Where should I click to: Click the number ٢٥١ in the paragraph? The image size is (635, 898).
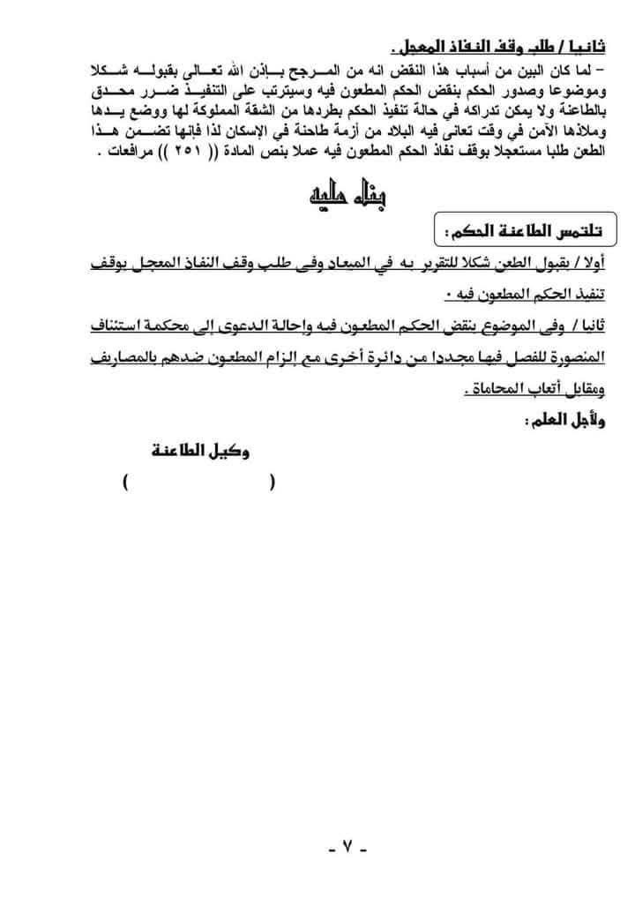pos(202,152)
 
